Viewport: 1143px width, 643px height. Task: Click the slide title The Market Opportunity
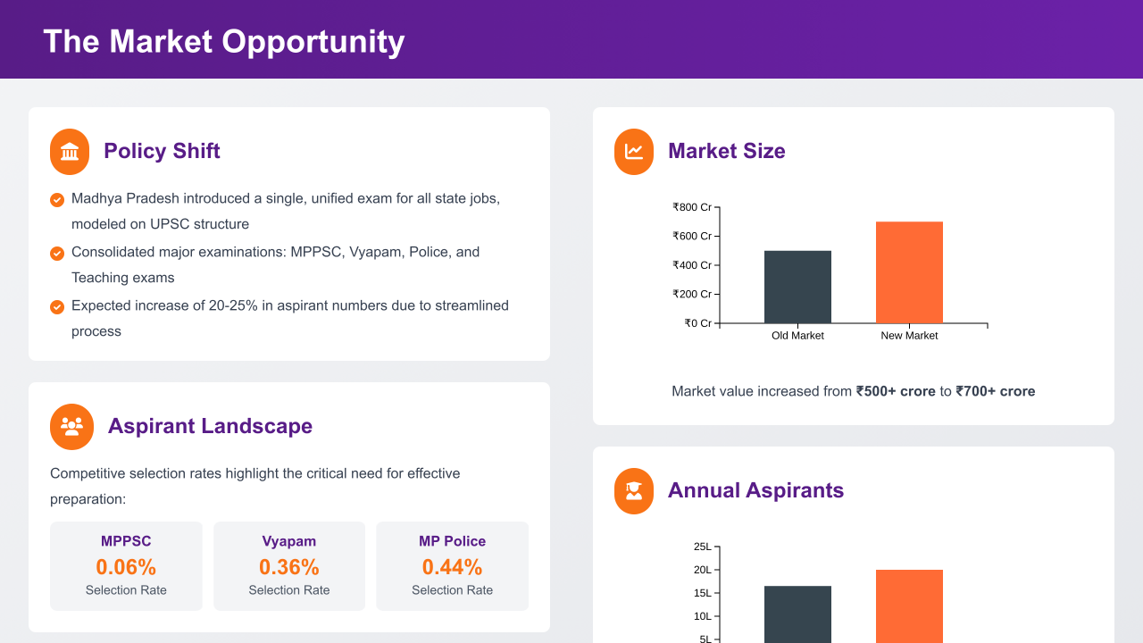223,42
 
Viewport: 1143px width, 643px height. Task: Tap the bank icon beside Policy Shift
70,152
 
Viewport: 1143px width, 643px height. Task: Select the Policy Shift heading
162,151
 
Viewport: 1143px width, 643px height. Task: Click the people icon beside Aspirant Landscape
71,426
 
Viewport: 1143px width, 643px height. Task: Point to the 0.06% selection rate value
126,567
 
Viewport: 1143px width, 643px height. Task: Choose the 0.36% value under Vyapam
289,567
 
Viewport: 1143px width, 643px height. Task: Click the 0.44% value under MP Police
452,567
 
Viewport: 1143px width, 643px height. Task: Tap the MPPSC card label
126,541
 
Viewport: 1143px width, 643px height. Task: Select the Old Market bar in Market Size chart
797,287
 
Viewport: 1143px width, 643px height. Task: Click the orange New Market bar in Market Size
909,272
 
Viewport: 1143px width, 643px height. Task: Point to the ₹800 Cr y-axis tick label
692,207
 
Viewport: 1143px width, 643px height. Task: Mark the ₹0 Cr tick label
697,323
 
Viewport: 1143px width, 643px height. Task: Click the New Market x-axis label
909,336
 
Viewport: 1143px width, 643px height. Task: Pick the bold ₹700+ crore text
996,391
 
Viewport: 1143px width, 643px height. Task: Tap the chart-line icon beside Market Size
634,152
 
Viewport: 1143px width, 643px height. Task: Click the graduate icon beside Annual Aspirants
634,491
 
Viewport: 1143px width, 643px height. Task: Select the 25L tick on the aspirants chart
703,547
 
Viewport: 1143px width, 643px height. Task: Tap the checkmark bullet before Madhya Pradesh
57,200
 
